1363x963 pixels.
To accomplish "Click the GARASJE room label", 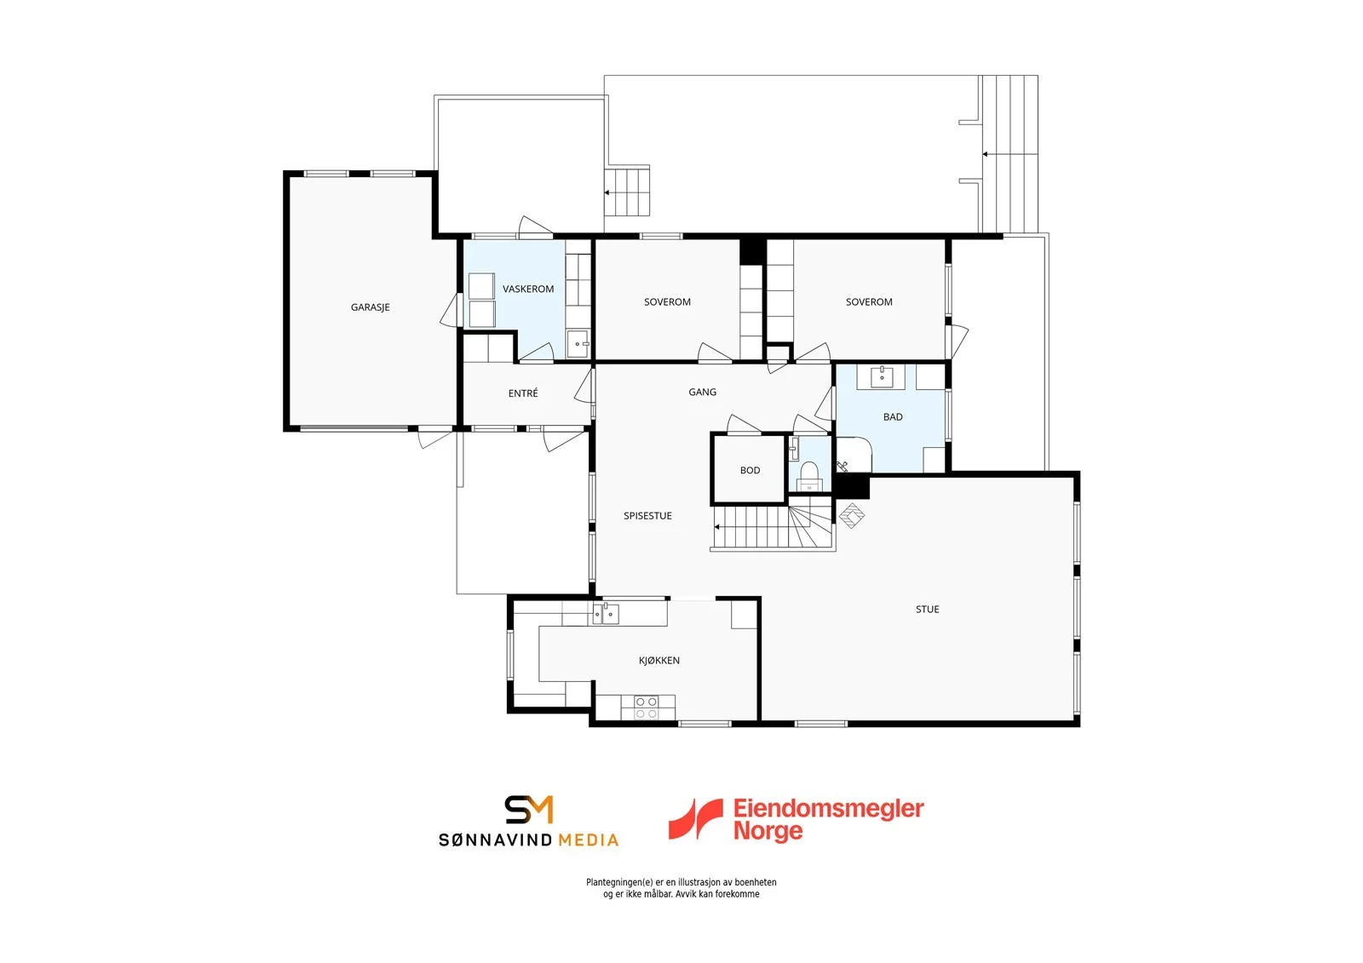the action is point(370,307).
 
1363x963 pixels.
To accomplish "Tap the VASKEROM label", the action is point(528,289).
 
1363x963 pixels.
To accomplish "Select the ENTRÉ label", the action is point(523,393).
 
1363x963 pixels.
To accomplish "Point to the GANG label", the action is point(702,392).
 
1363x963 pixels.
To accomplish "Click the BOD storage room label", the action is point(751,470).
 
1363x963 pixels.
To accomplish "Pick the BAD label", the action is point(893,416).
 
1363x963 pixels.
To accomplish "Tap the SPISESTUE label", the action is point(647,516).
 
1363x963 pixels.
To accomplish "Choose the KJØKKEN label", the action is point(659,660).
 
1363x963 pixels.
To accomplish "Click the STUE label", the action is point(928,609).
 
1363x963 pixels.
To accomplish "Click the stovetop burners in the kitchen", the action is point(647,708).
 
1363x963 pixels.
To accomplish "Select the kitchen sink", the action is point(606,614).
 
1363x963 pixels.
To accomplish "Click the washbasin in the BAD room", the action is point(882,376).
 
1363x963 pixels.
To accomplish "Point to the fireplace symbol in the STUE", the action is point(852,515).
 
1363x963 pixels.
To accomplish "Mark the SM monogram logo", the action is point(529,810).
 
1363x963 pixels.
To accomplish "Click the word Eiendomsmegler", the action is point(828,809).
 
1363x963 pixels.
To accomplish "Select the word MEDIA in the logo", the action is point(589,840).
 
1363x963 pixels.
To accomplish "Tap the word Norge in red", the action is point(768,832).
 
